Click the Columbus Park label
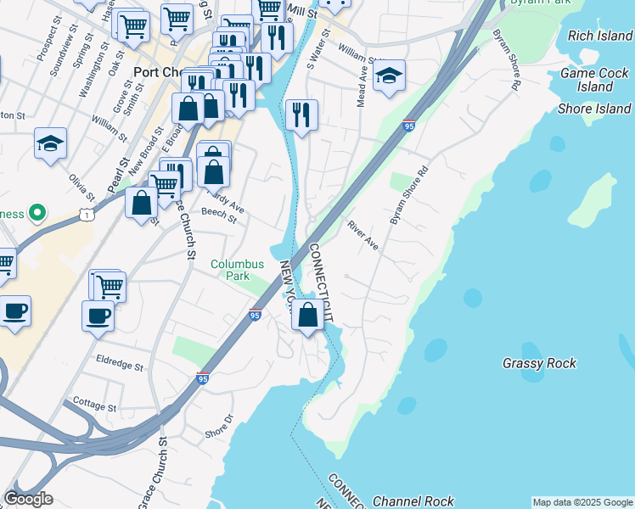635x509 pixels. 238,271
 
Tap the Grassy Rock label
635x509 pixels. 539,363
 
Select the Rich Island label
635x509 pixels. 600,36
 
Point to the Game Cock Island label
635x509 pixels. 593,80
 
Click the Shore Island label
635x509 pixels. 594,109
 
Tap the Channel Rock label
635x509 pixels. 413,501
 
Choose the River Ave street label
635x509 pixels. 362,235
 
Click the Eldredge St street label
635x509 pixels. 120,364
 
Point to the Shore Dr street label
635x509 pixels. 219,427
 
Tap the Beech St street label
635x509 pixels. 219,217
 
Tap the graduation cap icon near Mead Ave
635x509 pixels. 389,76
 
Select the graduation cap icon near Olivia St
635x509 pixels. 51,143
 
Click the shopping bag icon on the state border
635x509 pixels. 308,315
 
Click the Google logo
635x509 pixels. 28,499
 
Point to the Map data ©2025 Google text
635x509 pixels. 582,502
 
